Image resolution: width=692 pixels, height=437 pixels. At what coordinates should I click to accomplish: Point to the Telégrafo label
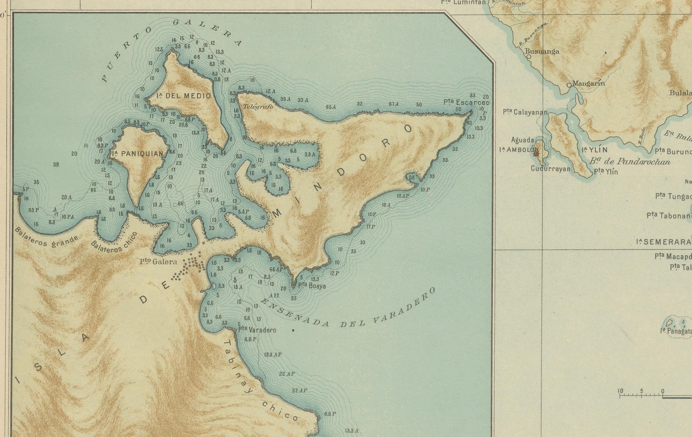258,107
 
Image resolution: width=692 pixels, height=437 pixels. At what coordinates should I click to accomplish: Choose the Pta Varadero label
257,330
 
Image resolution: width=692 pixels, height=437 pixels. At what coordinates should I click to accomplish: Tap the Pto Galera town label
158,262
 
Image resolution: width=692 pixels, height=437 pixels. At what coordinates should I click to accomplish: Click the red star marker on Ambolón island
536,154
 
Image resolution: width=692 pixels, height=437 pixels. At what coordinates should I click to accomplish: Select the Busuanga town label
542,52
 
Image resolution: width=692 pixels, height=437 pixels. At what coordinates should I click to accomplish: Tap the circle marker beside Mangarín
569,85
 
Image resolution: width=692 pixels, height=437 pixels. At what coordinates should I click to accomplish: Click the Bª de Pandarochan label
630,162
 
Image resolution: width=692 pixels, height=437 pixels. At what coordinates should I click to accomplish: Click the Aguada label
523,140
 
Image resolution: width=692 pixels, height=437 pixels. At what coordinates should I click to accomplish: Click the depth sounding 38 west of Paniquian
56,165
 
